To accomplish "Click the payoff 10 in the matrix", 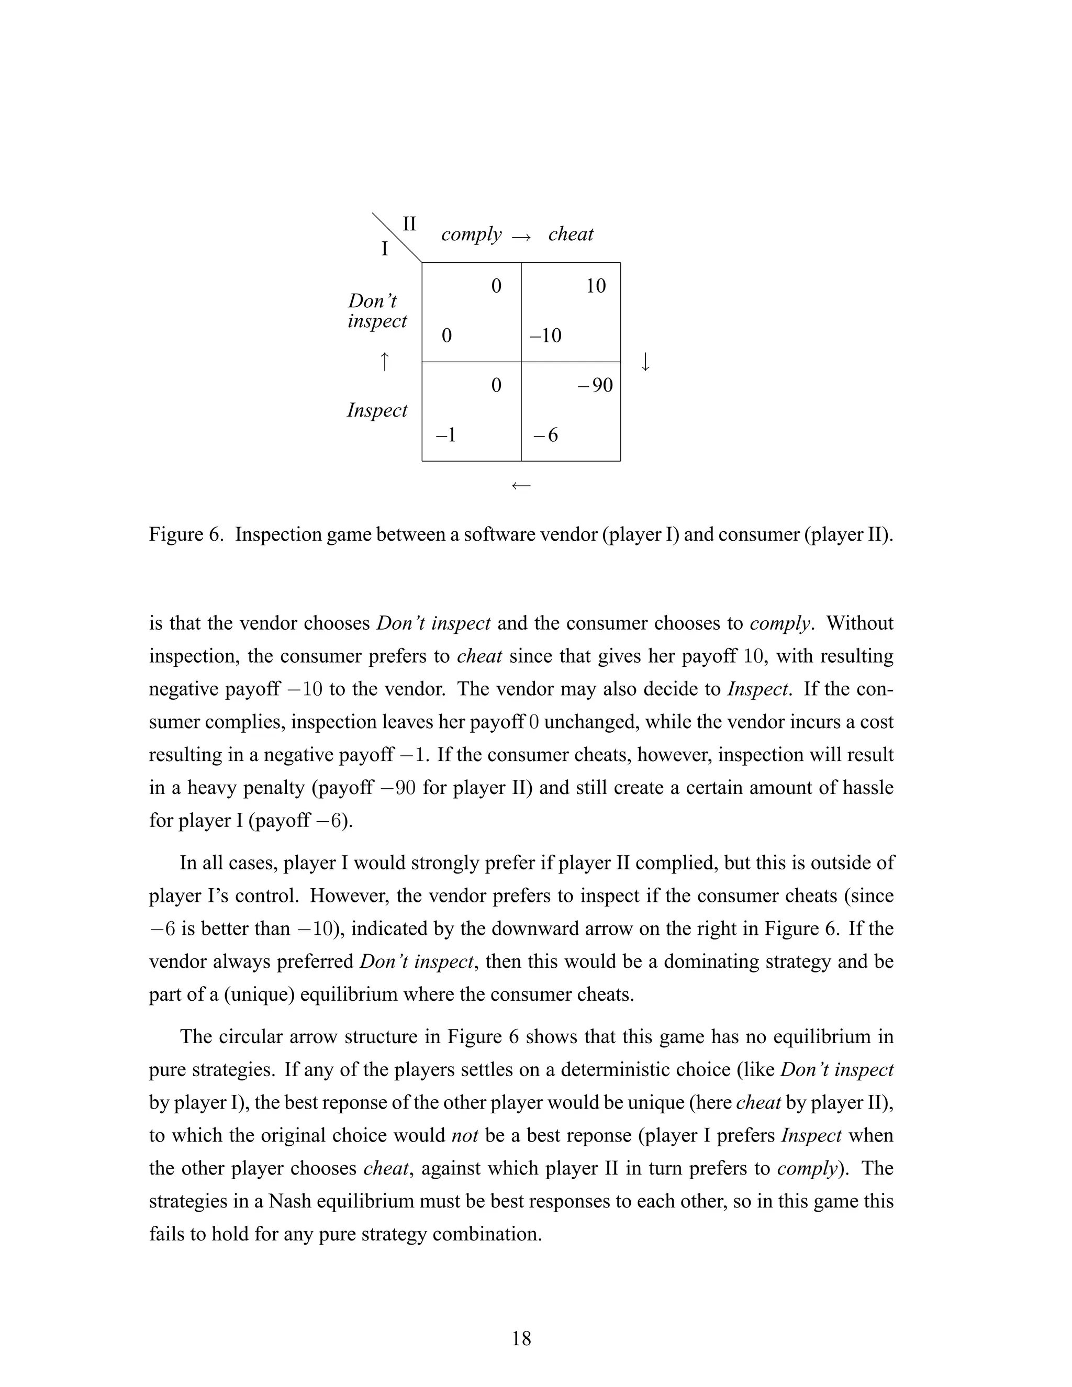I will [x=596, y=286].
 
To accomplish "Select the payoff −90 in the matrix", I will [x=595, y=386].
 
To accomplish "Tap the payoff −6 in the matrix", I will [x=545, y=435].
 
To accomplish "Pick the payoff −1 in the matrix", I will [x=446, y=435].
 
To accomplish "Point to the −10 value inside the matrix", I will [x=545, y=335].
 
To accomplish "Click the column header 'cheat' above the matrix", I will [x=571, y=234].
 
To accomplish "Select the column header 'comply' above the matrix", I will [x=471, y=235].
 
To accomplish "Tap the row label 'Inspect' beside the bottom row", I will [x=377, y=410].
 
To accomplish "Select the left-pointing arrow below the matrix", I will [x=521, y=486].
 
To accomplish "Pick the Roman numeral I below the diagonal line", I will [x=384, y=249].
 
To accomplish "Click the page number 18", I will [x=521, y=1338].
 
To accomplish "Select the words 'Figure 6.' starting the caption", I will [x=186, y=535].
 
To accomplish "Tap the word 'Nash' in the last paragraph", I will [x=289, y=1202].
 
